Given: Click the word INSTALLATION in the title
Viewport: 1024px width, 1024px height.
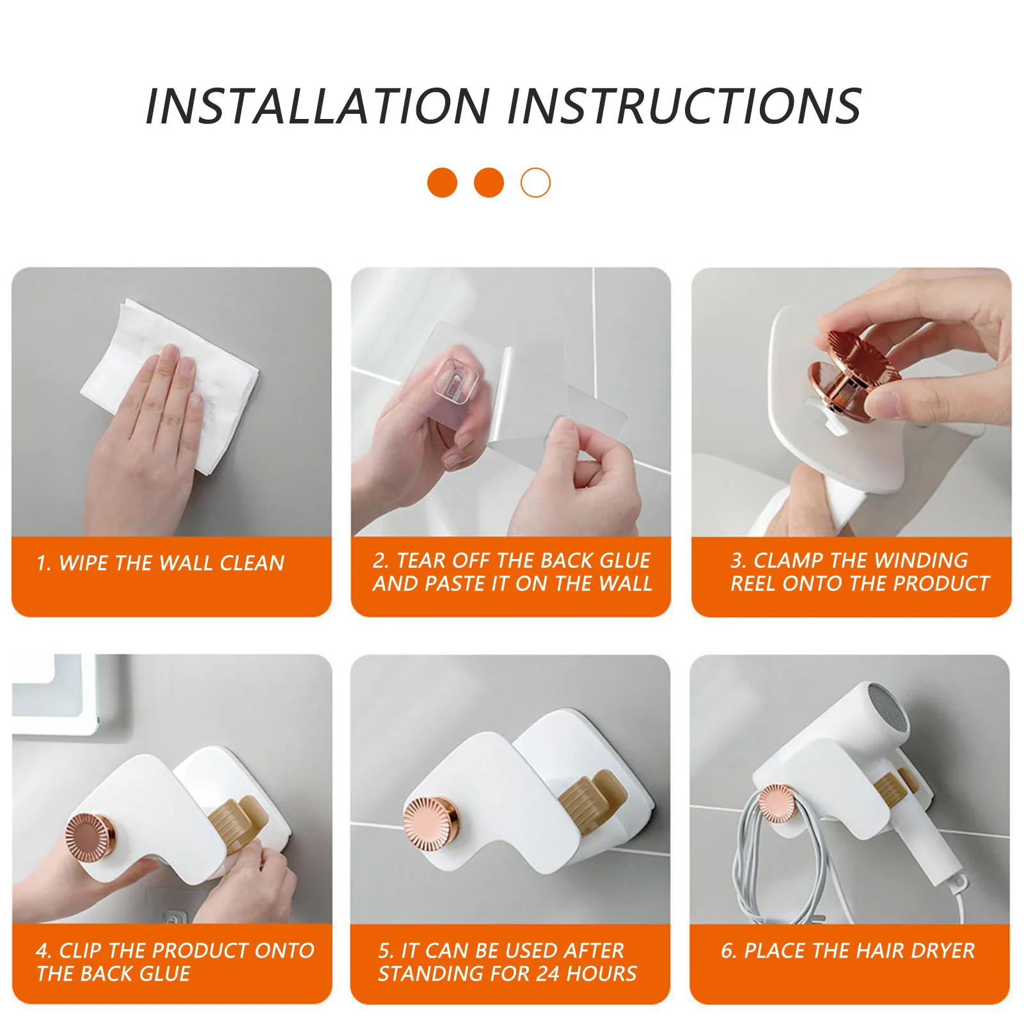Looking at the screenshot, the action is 318,106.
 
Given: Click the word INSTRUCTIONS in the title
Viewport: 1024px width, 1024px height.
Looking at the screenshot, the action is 684,106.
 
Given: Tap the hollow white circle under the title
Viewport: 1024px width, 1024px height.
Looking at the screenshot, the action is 535,183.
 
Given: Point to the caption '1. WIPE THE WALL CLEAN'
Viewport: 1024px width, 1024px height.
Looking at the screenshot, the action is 161,563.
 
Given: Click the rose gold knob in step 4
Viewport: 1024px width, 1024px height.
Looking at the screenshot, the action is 90,838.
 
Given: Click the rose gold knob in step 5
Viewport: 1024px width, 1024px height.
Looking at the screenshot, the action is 430,824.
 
